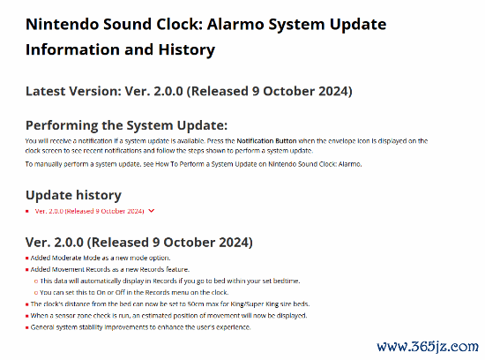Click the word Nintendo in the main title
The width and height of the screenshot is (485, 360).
pyautogui.click(x=62, y=24)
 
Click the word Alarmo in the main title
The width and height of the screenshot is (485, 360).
pyautogui.click(x=235, y=24)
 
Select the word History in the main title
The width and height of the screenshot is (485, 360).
pyautogui.click(x=187, y=49)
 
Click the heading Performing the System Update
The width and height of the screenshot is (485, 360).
pyautogui.click(x=126, y=125)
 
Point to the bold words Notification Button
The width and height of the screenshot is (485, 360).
pyautogui.click(x=266, y=141)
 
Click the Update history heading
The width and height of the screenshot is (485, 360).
pyautogui.click(x=73, y=195)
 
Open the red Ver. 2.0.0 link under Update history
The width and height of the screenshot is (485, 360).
pyautogui.click(x=89, y=211)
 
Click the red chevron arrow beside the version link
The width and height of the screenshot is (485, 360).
pyautogui.click(x=152, y=211)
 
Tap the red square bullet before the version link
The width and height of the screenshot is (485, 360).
pyautogui.click(x=27, y=211)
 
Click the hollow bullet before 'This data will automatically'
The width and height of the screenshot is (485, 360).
pyautogui.click(x=36, y=281)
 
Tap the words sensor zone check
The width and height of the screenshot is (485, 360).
pyautogui.click(x=83, y=316)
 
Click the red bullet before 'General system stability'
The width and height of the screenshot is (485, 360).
pyautogui.click(x=27, y=327)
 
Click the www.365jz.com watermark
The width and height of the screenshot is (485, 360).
pyautogui.click(x=428, y=347)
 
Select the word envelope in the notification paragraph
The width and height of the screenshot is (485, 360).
pyautogui.click(x=342, y=141)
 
